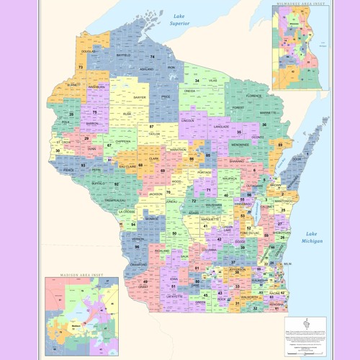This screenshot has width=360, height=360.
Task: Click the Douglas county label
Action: [x=88, y=52]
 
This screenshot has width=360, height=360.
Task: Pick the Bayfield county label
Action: [x=123, y=54]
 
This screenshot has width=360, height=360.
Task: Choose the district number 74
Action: [x=152, y=56]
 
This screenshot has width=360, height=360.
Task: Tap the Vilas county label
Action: [x=212, y=81]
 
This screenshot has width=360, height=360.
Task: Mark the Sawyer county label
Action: [x=140, y=96]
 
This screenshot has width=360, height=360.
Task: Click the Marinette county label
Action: [x=269, y=113]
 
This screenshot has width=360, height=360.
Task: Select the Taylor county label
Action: [x=154, y=133]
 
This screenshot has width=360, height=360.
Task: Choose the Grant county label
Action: [x=143, y=286]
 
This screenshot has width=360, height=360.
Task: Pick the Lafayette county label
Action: [x=174, y=295]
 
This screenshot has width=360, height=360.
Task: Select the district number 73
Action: [x=81, y=67]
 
